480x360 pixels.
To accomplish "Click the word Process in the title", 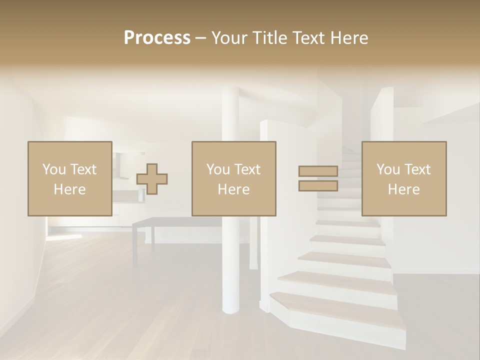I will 157,38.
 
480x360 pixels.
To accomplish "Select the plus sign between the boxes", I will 152,179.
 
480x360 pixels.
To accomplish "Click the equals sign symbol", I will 318,178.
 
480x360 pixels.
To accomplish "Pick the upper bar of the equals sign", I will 318,171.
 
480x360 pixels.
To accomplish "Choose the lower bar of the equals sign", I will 318,185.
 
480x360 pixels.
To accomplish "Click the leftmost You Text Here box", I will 69,178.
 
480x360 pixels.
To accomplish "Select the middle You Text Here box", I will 233,178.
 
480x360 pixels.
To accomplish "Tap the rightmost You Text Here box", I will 403,178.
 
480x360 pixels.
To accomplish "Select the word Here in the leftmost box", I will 69,189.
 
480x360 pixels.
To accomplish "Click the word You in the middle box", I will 218,169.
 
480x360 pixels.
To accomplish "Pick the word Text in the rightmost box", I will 417,169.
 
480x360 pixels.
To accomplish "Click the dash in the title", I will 200,38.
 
